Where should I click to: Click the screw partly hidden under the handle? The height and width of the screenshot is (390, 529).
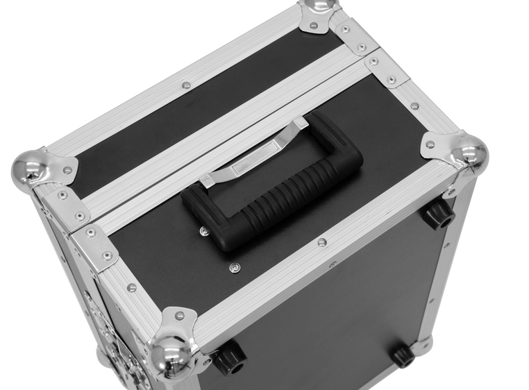point(203,231)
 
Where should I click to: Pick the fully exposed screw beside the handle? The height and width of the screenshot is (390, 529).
point(234,266)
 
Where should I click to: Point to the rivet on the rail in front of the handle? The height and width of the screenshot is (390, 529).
point(321,242)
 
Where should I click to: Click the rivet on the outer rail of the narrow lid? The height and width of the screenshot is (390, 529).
point(186,85)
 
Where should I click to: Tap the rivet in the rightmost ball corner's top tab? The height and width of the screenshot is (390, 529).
point(430,144)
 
